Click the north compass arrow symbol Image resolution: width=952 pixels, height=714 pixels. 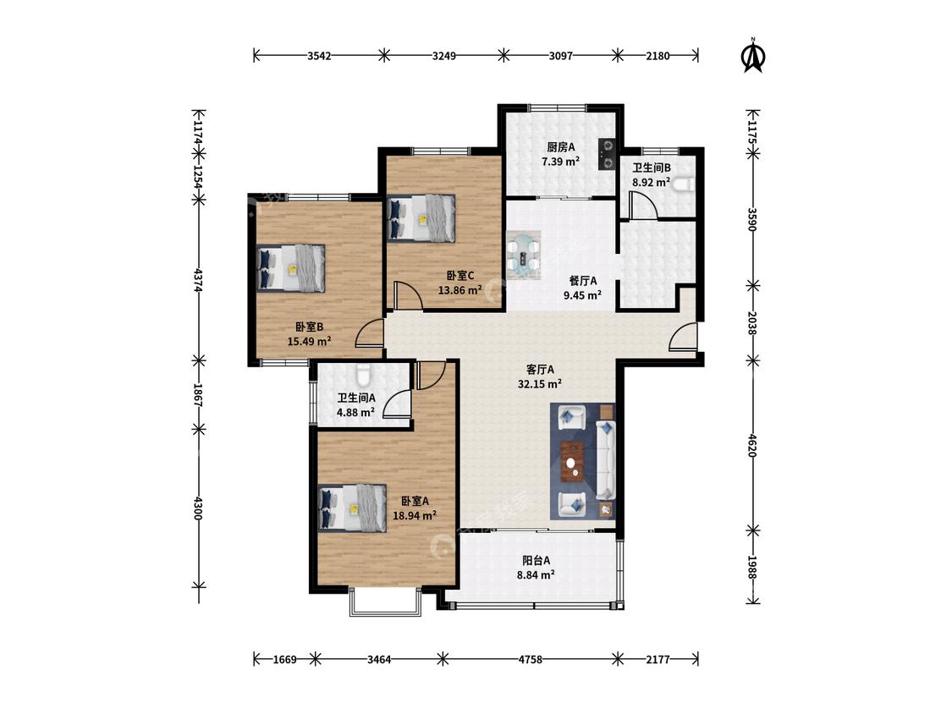point(754,55)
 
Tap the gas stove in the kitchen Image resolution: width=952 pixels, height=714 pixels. point(607,154)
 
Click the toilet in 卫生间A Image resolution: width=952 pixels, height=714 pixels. point(363,376)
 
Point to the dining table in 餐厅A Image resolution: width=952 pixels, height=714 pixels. point(523,255)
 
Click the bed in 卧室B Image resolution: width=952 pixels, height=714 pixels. point(291,268)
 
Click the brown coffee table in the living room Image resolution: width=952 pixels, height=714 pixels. point(572,461)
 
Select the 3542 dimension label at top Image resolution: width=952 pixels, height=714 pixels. point(319,56)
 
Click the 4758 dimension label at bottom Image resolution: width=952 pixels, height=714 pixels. point(530,659)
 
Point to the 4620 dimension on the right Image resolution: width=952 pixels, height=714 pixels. point(752,446)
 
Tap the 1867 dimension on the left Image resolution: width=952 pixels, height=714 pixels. point(198,394)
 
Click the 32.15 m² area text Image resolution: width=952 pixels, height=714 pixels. point(539,384)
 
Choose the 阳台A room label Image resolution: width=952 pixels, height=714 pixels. point(537,560)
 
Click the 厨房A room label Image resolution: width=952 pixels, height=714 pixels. point(560,147)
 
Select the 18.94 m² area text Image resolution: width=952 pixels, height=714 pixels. point(415,515)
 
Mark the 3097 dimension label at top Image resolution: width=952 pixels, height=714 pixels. point(560,56)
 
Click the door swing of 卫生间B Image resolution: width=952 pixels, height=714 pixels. point(643,205)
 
